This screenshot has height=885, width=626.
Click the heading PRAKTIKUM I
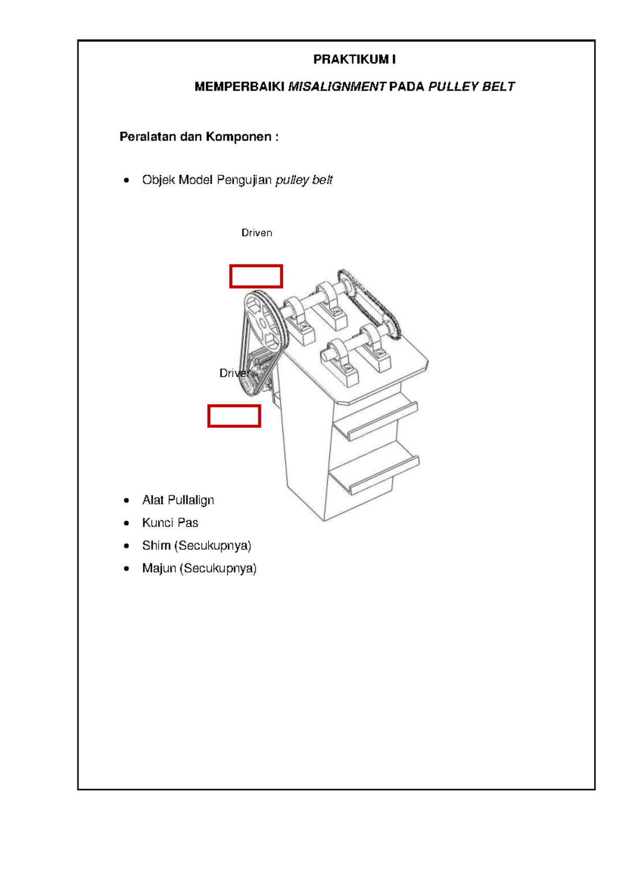354,59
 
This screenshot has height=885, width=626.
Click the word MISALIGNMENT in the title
336,87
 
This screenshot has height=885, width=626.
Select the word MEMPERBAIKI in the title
239,87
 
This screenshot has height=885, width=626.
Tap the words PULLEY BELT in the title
471,87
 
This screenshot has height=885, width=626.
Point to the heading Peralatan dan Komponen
199,137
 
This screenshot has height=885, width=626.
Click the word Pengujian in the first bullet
244,180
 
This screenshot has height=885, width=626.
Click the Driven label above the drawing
256,233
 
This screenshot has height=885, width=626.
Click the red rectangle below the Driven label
256,276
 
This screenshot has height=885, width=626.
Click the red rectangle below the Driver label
234,416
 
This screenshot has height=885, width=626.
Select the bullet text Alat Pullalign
178,500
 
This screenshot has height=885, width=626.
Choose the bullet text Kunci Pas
170,523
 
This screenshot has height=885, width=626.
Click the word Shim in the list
156,545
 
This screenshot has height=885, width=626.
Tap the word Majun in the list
159,568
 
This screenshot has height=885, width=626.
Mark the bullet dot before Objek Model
126,181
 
